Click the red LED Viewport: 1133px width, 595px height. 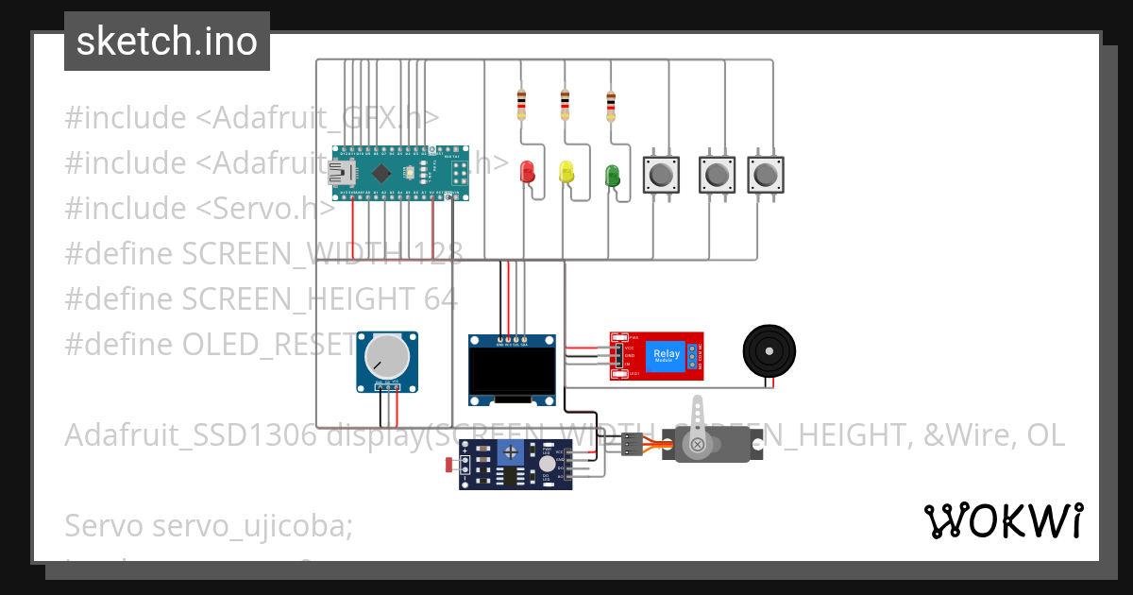(x=528, y=172)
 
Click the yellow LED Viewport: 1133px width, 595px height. (x=566, y=172)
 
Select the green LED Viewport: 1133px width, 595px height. (x=612, y=175)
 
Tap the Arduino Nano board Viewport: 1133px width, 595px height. (x=401, y=173)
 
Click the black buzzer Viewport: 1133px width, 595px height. (x=769, y=353)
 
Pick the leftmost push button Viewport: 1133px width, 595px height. (x=661, y=174)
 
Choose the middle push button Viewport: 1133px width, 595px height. (x=717, y=174)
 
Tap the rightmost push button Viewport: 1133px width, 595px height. (x=766, y=174)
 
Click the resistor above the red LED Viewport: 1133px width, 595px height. (x=521, y=104)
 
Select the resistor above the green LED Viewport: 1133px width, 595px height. (x=610, y=106)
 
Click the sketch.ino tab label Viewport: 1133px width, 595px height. (x=167, y=42)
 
